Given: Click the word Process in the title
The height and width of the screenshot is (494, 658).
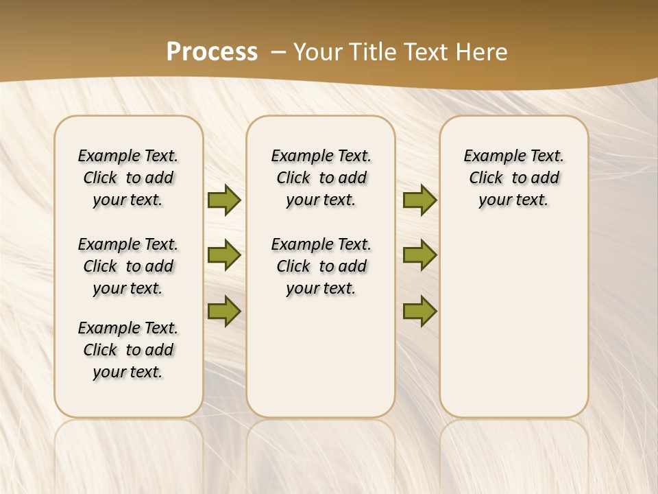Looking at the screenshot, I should pos(212,51).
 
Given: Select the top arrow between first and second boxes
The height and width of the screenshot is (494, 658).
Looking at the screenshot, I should pos(223,200).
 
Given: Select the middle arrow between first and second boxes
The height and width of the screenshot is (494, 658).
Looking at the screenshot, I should pos(223,255).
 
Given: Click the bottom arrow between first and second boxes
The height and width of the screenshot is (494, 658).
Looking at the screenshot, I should pos(223,311).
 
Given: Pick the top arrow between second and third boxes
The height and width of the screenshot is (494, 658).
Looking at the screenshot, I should pos(419,200).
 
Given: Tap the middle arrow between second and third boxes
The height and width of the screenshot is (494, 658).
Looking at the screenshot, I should pos(419,255).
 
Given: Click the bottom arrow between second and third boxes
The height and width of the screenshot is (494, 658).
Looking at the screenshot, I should pos(419,311).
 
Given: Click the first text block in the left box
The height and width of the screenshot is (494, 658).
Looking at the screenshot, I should pos(128,178).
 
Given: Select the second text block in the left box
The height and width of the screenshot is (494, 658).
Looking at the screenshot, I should pos(128,266).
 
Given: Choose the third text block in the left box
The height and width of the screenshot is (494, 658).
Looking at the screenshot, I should pos(128,350).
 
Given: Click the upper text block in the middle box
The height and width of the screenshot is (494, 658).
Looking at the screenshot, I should pos(321,178).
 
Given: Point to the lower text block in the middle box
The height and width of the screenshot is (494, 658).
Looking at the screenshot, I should pos(321,266).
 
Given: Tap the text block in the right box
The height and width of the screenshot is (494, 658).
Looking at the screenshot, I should pos(513,178).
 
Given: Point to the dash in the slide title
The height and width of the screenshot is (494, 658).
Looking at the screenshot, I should pos(279,51).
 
